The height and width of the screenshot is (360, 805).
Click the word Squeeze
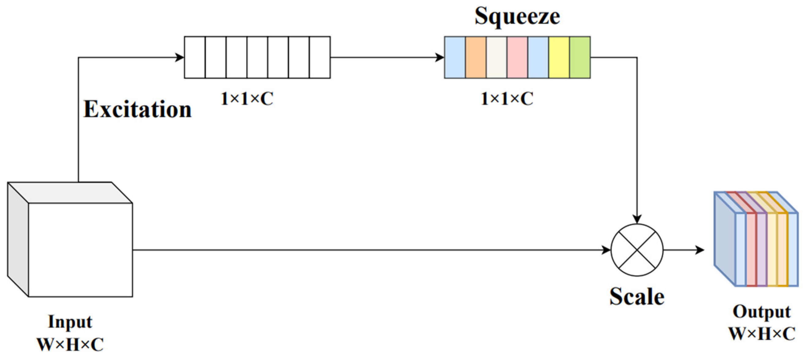[x=517, y=16]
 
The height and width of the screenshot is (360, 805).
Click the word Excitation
[x=138, y=110]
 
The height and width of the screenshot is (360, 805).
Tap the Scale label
[x=637, y=296]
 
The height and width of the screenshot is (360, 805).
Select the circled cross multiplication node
[x=637, y=250]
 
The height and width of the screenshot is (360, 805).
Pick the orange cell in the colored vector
[x=476, y=57]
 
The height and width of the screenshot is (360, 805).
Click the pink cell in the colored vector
[x=517, y=57]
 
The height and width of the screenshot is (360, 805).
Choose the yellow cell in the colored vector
[x=559, y=57]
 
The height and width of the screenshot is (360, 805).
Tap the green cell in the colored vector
[x=580, y=57]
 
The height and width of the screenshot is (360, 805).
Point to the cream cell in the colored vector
[x=497, y=57]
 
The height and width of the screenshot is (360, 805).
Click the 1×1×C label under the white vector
[x=247, y=99]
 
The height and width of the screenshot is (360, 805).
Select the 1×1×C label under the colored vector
[x=507, y=99]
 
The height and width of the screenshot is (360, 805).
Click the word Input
[x=70, y=322]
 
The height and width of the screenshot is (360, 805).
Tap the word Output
[x=762, y=312]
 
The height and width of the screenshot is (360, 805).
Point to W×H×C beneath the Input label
[x=70, y=345]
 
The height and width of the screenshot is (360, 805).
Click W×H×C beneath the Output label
[x=762, y=334]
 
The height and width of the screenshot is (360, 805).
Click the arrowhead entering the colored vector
[x=440, y=57]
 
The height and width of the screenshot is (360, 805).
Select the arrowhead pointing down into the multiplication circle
[x=637, y=219]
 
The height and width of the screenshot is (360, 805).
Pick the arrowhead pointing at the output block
[x=700, y=250]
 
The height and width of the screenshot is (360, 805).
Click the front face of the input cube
[x=80, y=250]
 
